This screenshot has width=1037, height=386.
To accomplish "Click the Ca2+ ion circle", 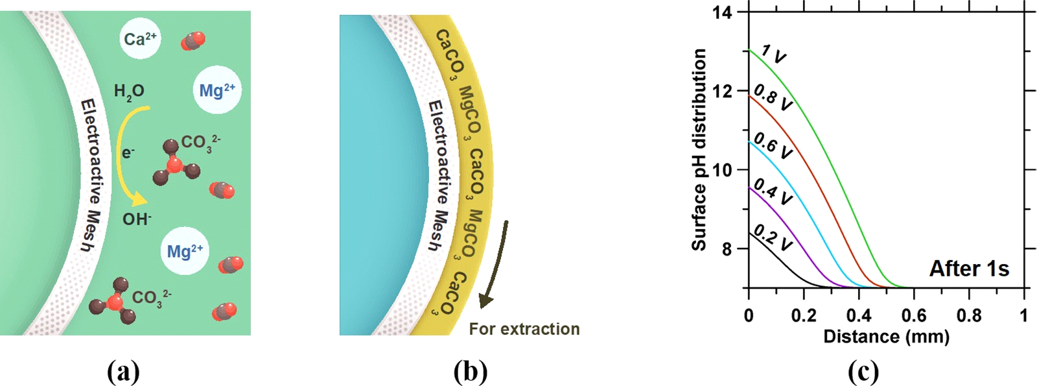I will [141, 40].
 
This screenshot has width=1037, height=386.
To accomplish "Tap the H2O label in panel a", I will [129, 92].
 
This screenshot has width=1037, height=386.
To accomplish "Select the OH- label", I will [137, 219].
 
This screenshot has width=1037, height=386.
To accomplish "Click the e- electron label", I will [128, 153].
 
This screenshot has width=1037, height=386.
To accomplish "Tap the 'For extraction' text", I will [524, 329].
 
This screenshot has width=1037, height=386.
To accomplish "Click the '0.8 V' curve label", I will [773, 97].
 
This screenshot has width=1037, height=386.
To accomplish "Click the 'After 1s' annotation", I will [969, 269].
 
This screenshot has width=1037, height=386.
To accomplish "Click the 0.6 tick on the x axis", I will [914, 316].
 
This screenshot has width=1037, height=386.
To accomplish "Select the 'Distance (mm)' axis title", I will [886, 337].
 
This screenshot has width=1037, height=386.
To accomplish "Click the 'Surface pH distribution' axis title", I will [699, 149].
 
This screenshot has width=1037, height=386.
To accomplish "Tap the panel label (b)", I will [471, 372].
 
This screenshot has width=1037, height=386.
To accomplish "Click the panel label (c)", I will [863, 372].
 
